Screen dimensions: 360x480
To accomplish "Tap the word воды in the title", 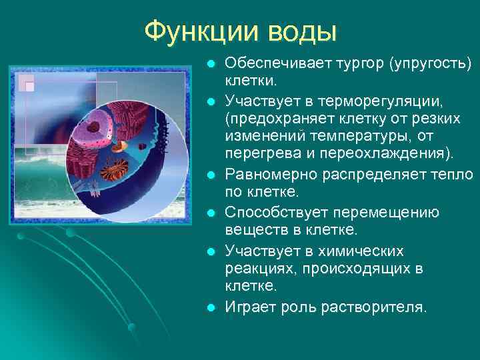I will coord(303,31).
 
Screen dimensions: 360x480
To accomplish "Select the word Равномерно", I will coord(269,175).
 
